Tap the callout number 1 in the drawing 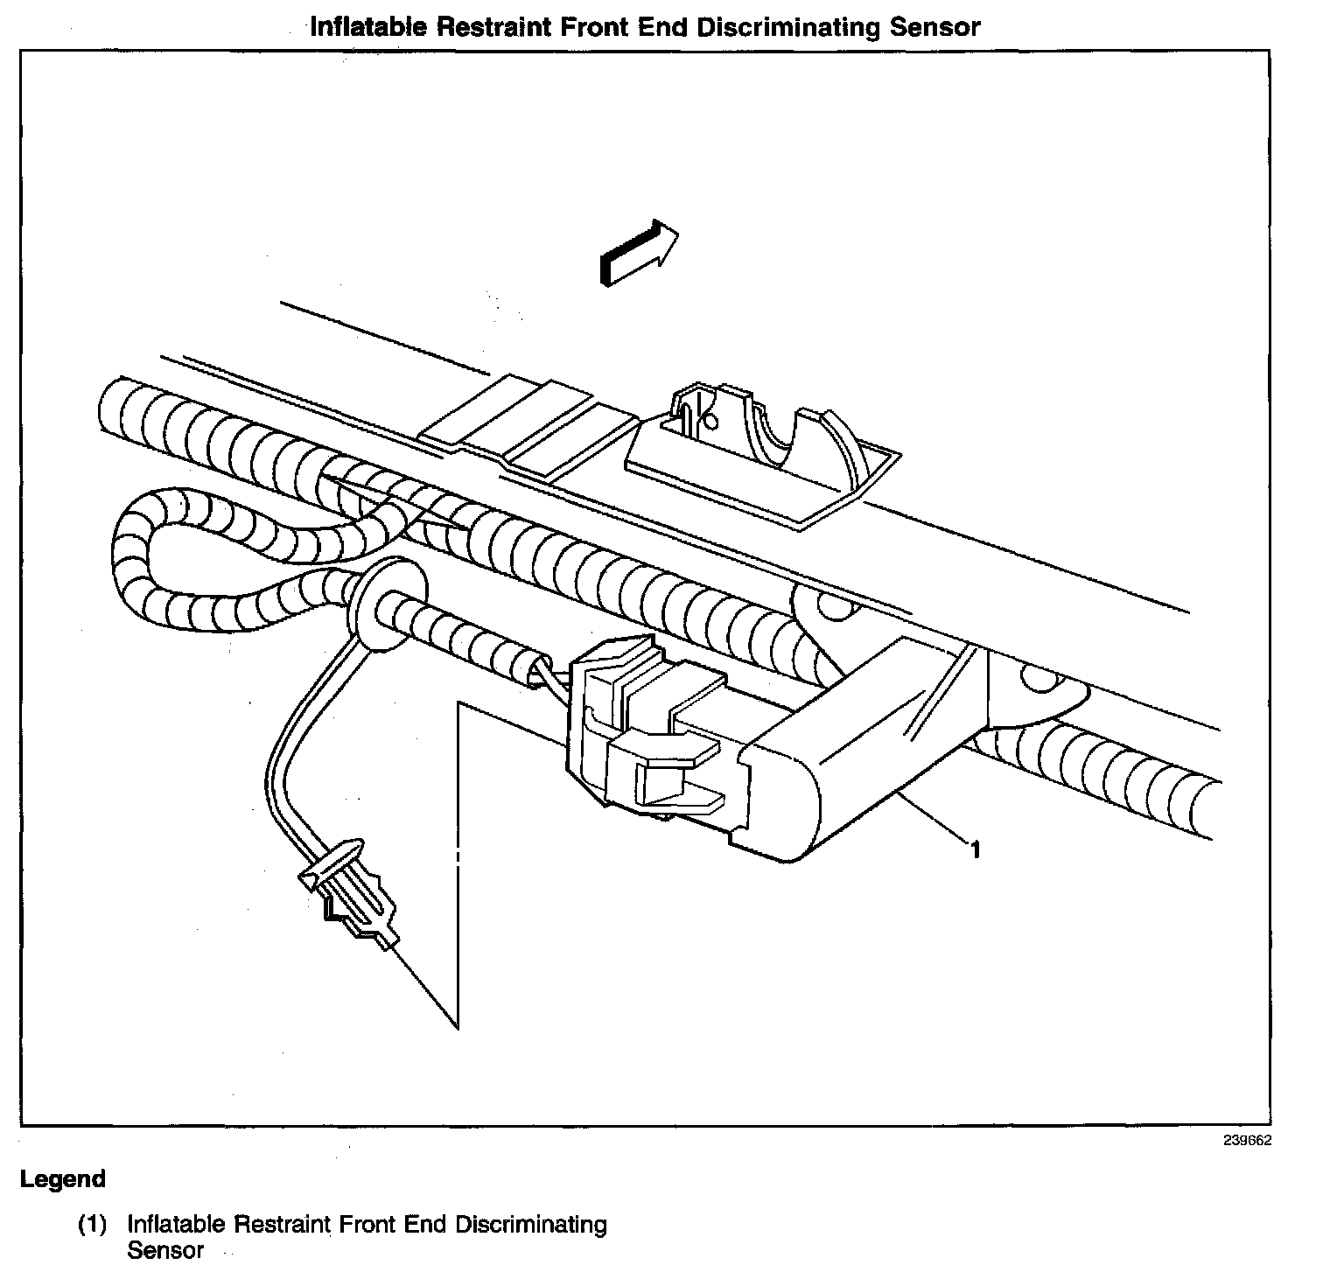(974, 849)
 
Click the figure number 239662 (1247, 1141)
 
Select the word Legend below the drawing (62, 1179)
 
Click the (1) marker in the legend (93, 1225)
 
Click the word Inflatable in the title (368, 27)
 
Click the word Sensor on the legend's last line (165, 1250)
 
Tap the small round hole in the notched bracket (710, 421)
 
